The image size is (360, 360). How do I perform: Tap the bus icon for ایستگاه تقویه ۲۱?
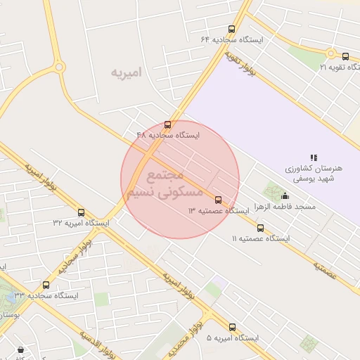tap(345, 56)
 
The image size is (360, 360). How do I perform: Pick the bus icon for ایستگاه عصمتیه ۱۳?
tap(218, 200)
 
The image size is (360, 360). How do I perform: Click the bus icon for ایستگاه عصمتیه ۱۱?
tap(260, 228)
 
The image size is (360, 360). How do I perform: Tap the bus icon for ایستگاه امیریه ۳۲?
tap(81, 212)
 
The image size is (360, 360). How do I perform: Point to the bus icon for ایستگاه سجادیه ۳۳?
tap(46, 285)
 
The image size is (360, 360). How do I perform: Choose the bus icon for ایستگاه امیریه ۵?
tap(232, 327)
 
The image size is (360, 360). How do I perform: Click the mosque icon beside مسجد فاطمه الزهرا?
tap(285, 195)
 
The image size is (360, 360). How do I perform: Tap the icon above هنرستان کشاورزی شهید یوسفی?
tap(314, 157)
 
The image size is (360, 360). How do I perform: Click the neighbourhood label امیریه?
tap(127, 72)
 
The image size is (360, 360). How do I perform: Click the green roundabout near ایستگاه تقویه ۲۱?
tap(330, 53)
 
